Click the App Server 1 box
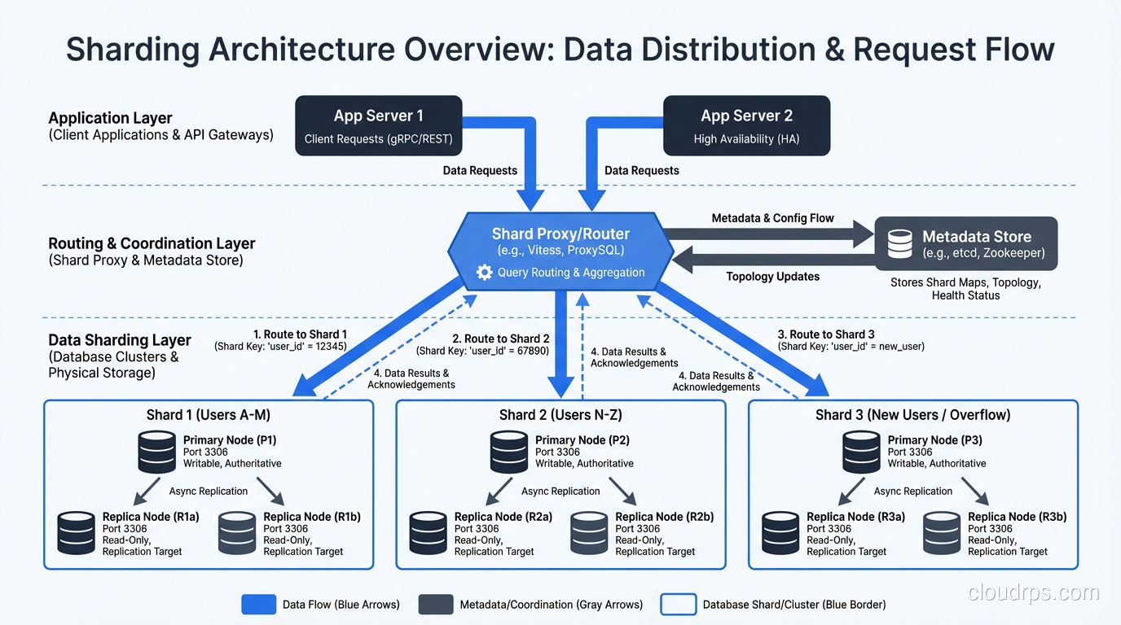[x=378, y=125]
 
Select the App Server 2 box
[x=746, y=125]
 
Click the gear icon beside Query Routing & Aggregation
[x=484, y=273]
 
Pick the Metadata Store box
[x=965, y=243]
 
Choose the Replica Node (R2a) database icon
[x=429, y=533]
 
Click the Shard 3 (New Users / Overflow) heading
[x=912, y=415]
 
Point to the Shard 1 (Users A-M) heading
[x=209, y=415]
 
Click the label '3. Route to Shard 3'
[x=826, y=334]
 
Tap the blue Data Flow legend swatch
[x=259, y=604]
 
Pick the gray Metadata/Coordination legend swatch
[x=436, y=604]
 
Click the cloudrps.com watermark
[x=1034, y=592]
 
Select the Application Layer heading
[x=110, y=118]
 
